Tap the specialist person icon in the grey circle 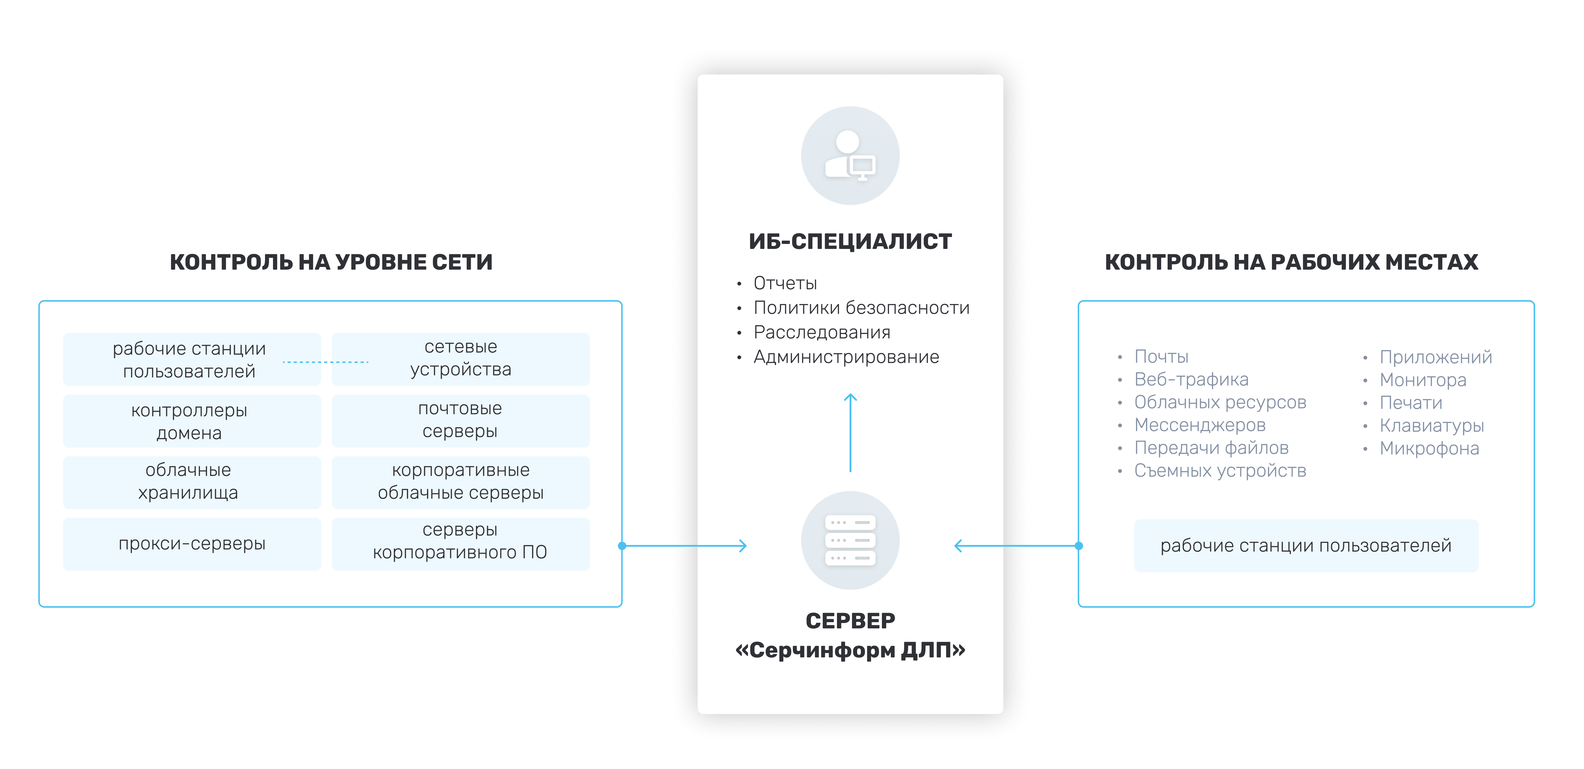850,156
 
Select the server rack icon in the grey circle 850,540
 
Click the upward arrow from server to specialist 851,432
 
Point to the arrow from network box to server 684,546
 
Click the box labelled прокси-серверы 192,544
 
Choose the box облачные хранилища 192,482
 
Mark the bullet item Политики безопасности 861,308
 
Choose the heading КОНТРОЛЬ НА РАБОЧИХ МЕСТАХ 1291,262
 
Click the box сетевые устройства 460,359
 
